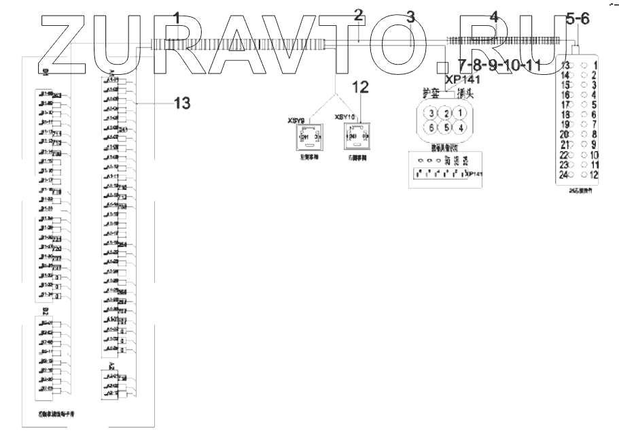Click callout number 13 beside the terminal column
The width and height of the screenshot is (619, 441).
181,103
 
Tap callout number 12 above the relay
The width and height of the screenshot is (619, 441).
361,86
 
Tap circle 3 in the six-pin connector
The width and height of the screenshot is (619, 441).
431,112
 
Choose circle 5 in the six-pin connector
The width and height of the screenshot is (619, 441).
446,127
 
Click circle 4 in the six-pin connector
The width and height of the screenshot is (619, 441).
461,127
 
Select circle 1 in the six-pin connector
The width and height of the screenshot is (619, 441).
461,112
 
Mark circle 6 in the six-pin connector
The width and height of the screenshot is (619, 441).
431,127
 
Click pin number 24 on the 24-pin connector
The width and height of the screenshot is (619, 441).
563,175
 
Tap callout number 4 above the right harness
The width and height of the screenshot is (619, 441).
494,17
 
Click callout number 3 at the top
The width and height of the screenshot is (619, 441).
410,17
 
